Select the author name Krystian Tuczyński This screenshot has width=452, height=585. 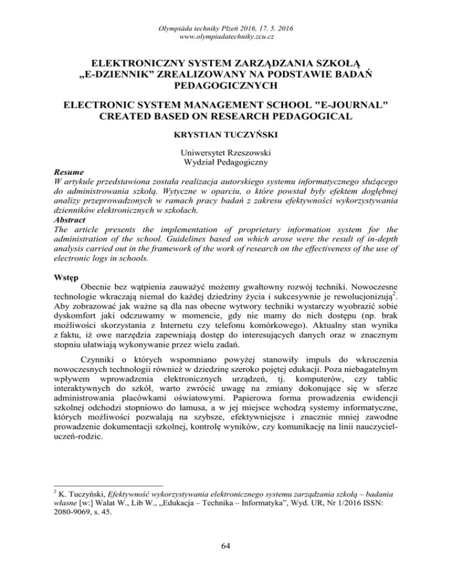coord(226,137)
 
